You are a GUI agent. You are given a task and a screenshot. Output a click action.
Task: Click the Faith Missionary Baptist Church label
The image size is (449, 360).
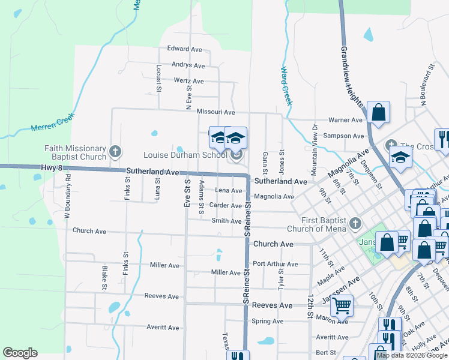point(75,153)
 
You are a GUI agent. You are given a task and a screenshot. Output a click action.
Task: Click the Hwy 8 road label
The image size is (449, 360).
point(52,168)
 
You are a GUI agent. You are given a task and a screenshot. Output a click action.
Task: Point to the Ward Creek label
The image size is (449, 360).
point(286,85)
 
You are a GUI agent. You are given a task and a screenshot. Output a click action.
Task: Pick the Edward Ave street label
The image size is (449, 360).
point(184,49)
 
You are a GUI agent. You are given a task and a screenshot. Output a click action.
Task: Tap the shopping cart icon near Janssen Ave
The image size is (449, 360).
point(342,306)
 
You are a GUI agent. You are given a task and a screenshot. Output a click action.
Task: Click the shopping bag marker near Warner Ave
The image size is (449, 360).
point(379,112)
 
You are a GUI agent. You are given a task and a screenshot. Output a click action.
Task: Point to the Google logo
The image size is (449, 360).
point(20,353)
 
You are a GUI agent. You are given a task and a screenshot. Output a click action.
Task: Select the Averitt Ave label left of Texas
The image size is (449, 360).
point(163,328)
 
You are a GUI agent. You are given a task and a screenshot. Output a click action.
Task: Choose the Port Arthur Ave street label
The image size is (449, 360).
point(275,264)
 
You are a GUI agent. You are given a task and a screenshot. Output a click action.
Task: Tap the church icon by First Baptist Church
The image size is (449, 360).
point(355,223)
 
